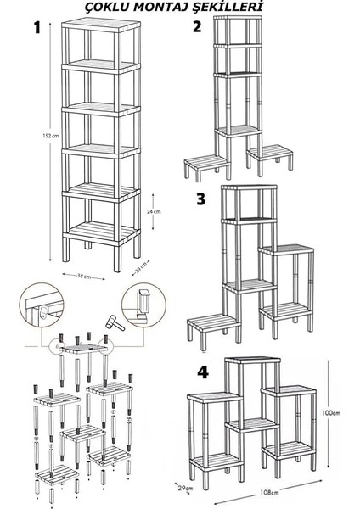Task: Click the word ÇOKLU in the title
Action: coord(108,7)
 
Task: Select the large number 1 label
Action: coord(37,28)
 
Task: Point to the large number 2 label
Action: coord(197,26)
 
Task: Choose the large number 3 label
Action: coord(201,199)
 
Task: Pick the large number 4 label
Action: coord(203,372)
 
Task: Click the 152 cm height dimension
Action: coord(51,136)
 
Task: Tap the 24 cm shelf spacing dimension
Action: coord(154,211)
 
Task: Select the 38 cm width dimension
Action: coord(84,277)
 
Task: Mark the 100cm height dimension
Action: coord(331,413)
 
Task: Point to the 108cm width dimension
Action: coord(269,492)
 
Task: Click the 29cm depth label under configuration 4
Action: coord(186,488)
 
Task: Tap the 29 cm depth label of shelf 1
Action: coord(141,267)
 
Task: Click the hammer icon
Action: coord(115,322)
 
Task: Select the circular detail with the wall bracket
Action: coord(42,305)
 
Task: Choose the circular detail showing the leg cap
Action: coord(144,305)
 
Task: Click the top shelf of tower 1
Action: coord(101,25)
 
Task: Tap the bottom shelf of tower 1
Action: coord(101,232)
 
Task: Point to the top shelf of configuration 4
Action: coord(253,361)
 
